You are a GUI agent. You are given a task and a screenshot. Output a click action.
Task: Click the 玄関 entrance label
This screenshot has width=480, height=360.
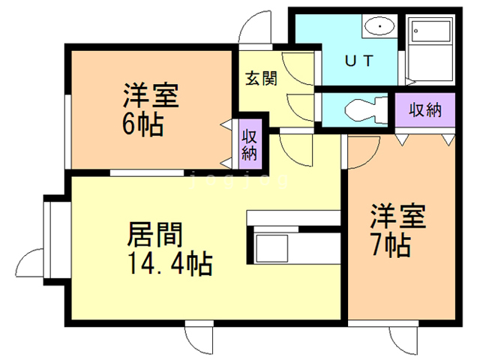(261, 78)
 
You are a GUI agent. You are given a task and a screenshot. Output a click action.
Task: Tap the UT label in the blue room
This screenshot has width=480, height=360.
(359, 61)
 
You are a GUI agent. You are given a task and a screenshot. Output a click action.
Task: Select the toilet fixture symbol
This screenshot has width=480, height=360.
(366, 109)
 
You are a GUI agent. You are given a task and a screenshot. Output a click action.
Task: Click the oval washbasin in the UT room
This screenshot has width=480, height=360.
(379, 26)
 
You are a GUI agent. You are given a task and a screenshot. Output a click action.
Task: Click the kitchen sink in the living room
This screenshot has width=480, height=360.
(271, 248)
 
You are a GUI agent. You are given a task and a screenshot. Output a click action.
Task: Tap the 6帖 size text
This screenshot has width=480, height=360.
(142, 125)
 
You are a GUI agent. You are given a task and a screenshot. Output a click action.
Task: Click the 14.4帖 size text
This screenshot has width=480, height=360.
(171, 263)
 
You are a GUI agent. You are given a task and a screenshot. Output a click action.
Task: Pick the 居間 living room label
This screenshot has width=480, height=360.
(155, 234)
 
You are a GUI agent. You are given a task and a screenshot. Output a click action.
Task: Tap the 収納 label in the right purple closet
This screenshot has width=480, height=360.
(425, 110)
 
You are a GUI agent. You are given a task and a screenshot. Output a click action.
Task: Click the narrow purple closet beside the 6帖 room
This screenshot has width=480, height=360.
(250, 144)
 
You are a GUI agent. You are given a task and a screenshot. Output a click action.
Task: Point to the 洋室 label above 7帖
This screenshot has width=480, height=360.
(398, 215)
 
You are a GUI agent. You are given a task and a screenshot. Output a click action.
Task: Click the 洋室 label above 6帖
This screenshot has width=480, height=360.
(151, 95)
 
